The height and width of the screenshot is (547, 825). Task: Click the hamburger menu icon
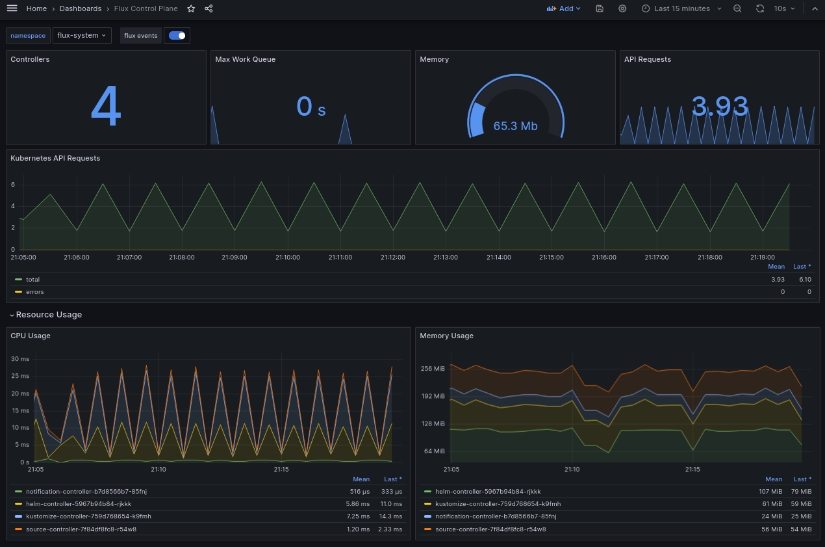coord(12,8)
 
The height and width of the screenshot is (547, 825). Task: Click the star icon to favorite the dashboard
coord(191,8)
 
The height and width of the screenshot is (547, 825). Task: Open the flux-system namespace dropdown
coord(82,35)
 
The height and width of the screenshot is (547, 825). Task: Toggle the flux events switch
coord(177,36)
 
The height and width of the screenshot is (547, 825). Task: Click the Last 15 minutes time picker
coord(681,8)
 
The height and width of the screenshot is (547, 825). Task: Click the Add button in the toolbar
coord(563,8)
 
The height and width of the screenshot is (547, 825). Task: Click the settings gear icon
coord(622,8)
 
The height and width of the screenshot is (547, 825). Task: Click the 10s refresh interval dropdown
coord(784,8)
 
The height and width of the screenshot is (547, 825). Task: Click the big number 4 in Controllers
coord(106,107)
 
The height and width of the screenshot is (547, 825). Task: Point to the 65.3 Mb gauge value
coord(515,126)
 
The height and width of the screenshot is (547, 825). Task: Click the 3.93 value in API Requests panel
coord(719,107)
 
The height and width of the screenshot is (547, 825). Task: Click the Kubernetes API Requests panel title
coord(55,158)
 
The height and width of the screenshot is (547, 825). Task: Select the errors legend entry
coord(35,292)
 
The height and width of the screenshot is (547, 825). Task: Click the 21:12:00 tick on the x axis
coord(393,258)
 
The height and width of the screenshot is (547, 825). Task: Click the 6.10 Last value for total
coord(804,279)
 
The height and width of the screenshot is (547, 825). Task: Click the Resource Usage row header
coord(49,315)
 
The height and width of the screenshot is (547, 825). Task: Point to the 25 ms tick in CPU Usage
coord(20,376)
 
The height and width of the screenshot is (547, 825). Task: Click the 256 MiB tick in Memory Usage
coord(433,369)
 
